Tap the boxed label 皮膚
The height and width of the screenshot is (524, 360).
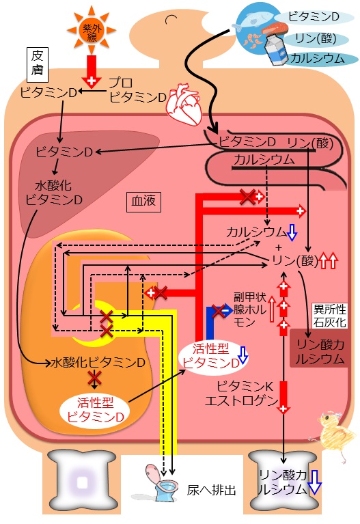[38, 64]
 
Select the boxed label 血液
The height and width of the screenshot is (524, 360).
[143, 202]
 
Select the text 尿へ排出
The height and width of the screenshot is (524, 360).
[211, 490]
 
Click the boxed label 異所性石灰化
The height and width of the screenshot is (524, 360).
[329, 316]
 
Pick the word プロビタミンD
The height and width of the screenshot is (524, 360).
[138, 89]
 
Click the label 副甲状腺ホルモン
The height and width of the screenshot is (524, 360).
[249, 309]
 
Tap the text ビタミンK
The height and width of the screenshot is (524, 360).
[245, 386]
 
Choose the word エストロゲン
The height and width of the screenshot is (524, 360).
[241, 400]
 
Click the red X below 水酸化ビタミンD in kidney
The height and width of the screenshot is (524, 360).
[94, 378]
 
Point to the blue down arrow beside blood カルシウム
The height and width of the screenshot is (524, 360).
[292, 232]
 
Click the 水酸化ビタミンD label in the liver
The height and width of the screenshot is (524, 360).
[54, 193]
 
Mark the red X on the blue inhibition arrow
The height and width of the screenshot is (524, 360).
[219, 311]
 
